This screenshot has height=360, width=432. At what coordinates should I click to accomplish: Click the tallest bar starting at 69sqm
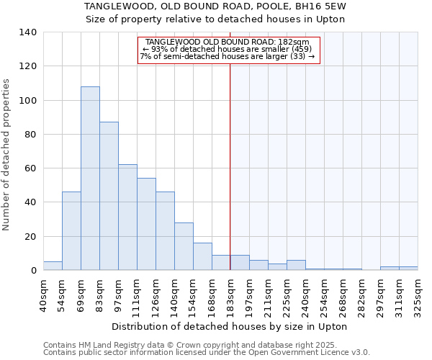pyautogui.click(x=90, y=179)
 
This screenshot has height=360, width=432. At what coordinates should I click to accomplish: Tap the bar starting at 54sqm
pyautogui.click(x=71, y=231)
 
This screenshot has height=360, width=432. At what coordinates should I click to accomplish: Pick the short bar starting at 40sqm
pyautogui.click(x=53, y=266)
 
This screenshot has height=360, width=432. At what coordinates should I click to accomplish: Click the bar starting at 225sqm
pyautogui.click(x=296, y=265)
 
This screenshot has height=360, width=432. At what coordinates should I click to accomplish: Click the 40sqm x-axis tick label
pyautogui.click(x=43, y=294)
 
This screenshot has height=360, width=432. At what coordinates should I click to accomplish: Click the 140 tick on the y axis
pyautogui.click(x=28, y=32)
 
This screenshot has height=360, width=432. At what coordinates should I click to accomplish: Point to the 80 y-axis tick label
pyautogui.click(x=31, y=135)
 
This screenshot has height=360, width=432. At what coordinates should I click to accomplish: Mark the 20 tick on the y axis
pyautogui.click(x=31, y=237)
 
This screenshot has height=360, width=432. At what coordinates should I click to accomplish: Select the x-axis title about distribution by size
pyautogui.click(x=230, y=327)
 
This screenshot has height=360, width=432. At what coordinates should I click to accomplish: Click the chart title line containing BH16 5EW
pyautogui.click(x=215, y=6)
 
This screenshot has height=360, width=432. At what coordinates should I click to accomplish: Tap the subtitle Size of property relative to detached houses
pyautogui.click(x=215, y=19)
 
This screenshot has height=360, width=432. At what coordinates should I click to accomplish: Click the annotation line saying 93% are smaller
pyautogui.click(x=228, y=49)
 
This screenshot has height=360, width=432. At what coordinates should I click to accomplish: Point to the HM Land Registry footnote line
pyautogui.click(x=189, y=346)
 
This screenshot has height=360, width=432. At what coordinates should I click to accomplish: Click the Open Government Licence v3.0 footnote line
pyautogui.click(x=207, y=353)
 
